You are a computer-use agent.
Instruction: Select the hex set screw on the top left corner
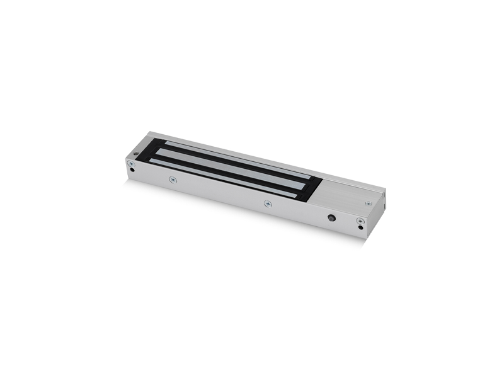coord(137,152)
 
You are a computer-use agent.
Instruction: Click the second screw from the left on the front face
coord(171,179)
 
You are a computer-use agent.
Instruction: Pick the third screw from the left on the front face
coord(267,203)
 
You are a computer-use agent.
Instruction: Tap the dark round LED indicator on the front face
coord(331,218)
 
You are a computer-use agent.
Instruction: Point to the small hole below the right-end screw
coord(361,227)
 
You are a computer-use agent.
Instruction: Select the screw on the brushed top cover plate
coord(367,203)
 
